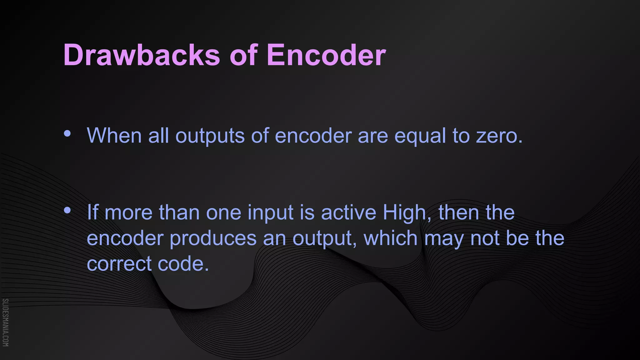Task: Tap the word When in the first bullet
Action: click(x=114, y=136)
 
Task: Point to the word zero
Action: click(x=499, y=136)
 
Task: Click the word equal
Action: click(x=420, y=136)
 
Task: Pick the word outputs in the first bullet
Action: click(x=210, y=136)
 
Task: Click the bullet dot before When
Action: click(x=67, y=134)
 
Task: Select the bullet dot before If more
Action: click(x=67, y=211)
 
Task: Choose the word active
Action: click(x=348, y=212)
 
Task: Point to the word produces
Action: click(x=213, y=238)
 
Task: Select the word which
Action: click(x=390, y=238)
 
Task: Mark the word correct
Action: click(x=119, y=264)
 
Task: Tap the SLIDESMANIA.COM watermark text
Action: click(x=5, y=322)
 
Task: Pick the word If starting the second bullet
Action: click(x=92, y=212)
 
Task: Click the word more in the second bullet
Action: click(x=128, y=213)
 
